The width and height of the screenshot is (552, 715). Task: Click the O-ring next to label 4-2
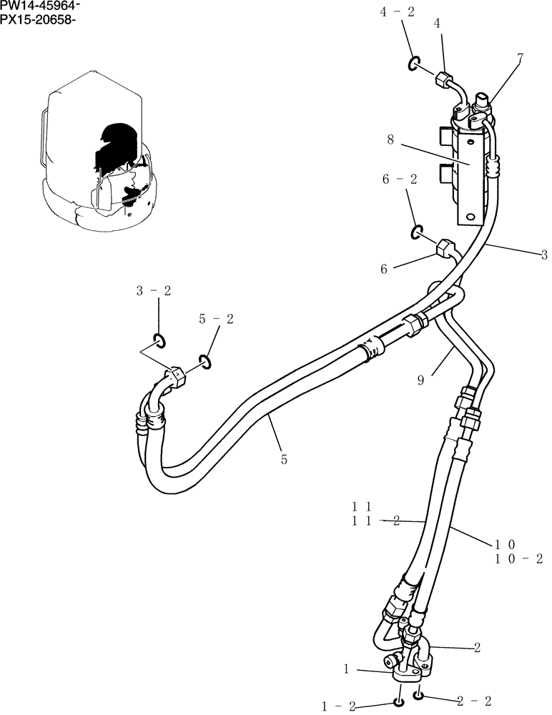(414, 65)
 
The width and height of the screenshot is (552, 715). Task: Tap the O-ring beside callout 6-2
(416, 232)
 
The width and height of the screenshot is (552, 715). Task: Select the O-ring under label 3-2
(159, 340)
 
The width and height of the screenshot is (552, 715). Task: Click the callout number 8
(390, 141)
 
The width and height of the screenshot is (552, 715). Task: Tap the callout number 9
(421, 381)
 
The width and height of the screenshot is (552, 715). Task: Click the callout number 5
(284, 460)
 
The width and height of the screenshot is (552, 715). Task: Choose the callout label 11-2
(375, 522)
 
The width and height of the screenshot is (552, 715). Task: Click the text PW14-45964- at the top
(40, 6)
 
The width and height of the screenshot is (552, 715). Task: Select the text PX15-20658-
(38, 19)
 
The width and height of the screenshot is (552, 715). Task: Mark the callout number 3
(544, 254)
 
